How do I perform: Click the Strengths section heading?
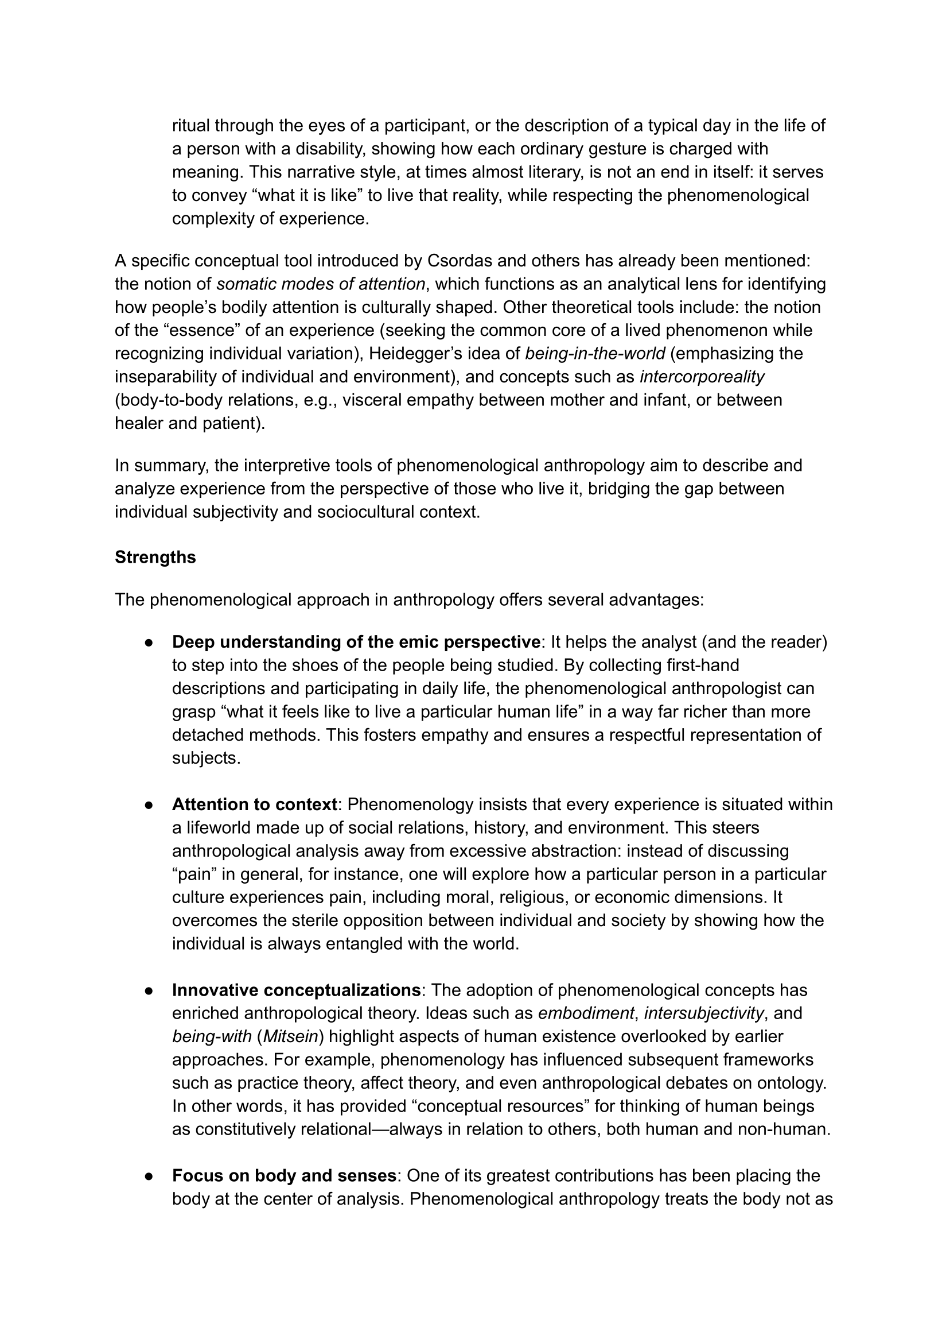(x=155, y=557)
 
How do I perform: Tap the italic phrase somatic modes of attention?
(x=321, y=284)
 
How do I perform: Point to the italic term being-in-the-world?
(x=595, y=354)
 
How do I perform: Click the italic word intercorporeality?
(x=702, y=377)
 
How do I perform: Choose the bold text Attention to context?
(x=255, y=804)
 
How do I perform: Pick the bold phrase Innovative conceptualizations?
(x=296, y=990)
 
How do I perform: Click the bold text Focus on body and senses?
(x=285, y=1175)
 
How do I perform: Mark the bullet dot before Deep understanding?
(x=149, y=643)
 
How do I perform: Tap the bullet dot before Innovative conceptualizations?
(x=149, y=990)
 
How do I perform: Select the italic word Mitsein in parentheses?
(x=291, y=1036)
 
